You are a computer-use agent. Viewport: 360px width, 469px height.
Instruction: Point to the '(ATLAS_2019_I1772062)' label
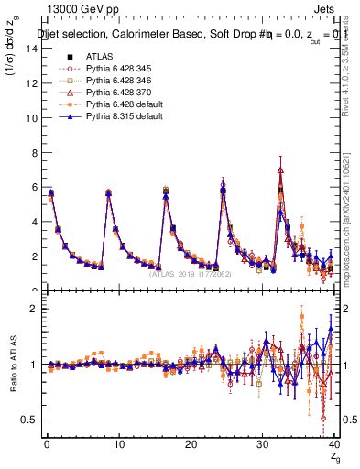[x=190, y=273]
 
